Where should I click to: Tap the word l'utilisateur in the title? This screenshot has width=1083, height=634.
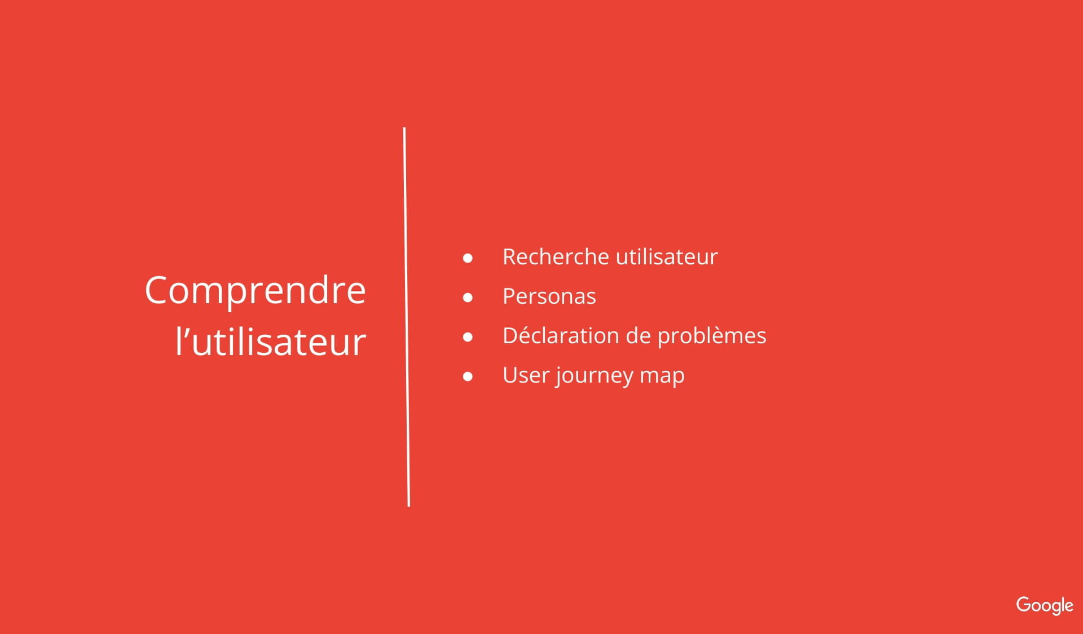271,341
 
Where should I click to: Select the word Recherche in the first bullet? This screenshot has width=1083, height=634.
556,256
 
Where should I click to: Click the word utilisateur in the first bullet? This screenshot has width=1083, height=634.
667,256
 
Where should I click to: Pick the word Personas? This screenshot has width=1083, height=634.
549,296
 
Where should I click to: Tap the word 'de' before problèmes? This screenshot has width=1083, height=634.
639,335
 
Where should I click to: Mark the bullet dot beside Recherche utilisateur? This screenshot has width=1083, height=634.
468,258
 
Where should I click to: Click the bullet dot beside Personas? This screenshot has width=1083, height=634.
468,298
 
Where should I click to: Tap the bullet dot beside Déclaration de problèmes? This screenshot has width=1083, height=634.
468,337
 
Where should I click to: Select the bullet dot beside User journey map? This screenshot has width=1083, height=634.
468,376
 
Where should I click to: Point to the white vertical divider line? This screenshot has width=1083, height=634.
407,317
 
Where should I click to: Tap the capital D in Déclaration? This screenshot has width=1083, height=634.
512,336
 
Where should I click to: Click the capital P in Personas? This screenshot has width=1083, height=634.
509,296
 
